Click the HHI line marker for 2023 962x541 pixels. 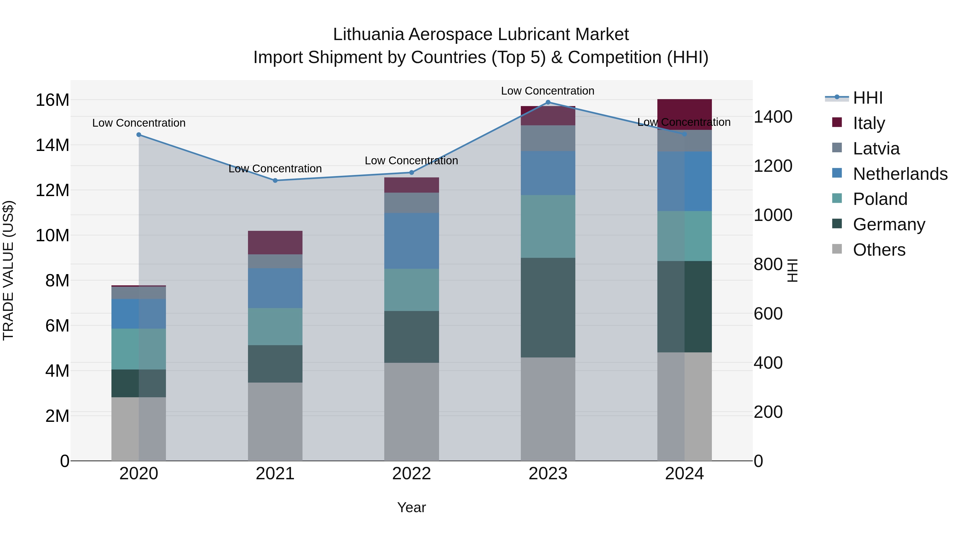tap(548, 102)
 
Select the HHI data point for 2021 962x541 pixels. tap(275, 180)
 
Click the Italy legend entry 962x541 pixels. tap(869, 123)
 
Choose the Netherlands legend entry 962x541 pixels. tap(900, 174)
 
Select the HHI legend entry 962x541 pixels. tap(867, 98)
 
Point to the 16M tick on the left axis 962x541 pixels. tap(52, 100)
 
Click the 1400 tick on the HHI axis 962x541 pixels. tap(773, 117)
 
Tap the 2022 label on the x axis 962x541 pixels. tap(412, 474)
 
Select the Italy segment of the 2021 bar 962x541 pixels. tap(275, 243)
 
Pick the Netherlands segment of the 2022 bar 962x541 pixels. tap(412, 241)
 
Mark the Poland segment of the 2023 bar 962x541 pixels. tap(548, 226)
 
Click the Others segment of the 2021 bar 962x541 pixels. tap(275, 422)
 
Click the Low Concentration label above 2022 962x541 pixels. tap(411, 161)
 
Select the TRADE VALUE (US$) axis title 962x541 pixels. tap(8, 270)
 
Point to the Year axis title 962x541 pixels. tap(412, 507)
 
